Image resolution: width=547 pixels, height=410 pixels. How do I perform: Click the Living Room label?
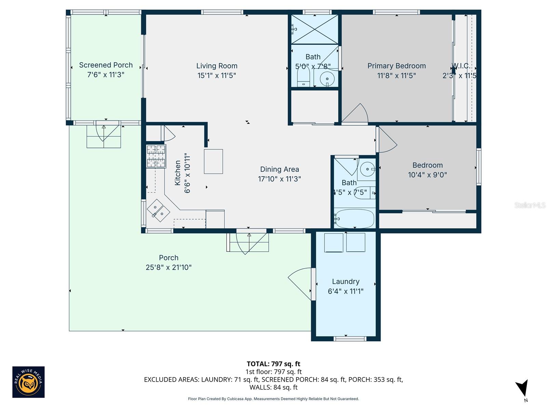[217, 66]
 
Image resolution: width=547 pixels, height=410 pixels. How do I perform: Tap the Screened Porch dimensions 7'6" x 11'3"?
[106, 74]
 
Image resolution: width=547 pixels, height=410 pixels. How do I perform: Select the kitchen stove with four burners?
[156, 156]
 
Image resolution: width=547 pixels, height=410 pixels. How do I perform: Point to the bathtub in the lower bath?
[355, 219]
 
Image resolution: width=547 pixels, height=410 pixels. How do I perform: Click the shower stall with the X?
[315, 29]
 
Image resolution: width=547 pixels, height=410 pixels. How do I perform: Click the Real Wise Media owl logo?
[28, 382]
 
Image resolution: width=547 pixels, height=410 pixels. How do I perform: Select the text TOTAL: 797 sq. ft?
[273, 364]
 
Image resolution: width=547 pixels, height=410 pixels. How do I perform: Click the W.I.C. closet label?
[462, 66]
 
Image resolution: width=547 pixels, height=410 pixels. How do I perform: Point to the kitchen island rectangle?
[213, 161]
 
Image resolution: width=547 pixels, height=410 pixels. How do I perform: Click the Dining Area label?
[279, 169]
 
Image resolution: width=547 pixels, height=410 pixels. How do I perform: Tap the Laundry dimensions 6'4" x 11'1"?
[345, 291]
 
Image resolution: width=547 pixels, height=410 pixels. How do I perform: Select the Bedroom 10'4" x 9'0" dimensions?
[427, 175]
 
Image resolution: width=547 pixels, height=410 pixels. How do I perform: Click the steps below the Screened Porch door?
[104, 137]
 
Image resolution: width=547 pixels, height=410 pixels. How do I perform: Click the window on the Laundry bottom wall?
[350, 339]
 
